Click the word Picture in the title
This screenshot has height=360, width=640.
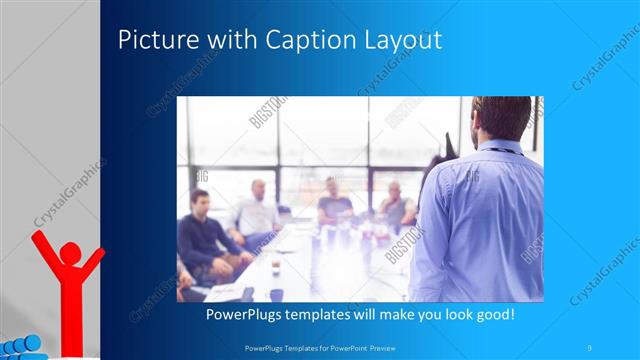(152, 41)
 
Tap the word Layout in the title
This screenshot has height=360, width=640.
(401, 41)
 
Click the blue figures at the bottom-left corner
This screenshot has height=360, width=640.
(20, 346)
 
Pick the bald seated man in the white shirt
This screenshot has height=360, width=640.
(258, 211)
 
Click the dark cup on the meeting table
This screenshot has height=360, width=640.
(276, 294)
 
